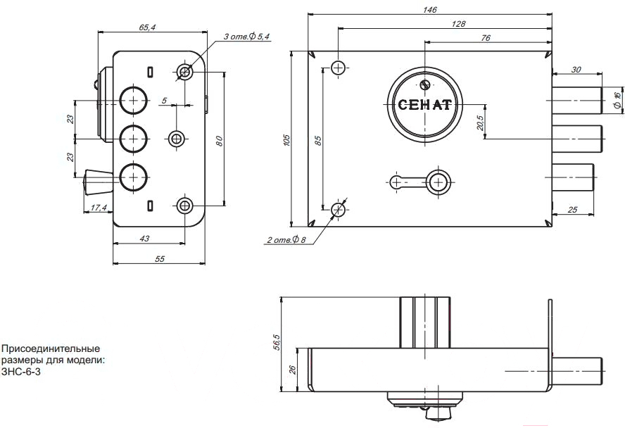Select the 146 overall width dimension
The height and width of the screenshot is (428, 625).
tap(431, 9)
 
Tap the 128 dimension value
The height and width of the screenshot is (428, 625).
tap(458, 23)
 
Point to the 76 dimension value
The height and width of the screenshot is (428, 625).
tap(486, 38)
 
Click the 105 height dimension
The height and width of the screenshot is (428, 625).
tap(286, 140)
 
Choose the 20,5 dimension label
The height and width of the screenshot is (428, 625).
tap(480, 120)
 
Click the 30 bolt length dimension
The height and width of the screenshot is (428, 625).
tap(576, 69)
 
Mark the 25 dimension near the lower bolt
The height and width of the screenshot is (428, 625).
tap(572, 210)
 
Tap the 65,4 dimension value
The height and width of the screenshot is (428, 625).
tap(147, 27)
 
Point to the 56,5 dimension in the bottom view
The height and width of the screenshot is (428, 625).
tap(277, 343)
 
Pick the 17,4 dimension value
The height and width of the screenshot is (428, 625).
tap(99, 208)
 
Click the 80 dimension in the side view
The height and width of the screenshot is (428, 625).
tap(220, 140)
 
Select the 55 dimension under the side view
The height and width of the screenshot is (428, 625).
tap(159, 259)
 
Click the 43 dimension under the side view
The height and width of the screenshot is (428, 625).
tap(144, 239)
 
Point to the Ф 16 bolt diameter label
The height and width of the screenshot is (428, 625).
tap(617, 99)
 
